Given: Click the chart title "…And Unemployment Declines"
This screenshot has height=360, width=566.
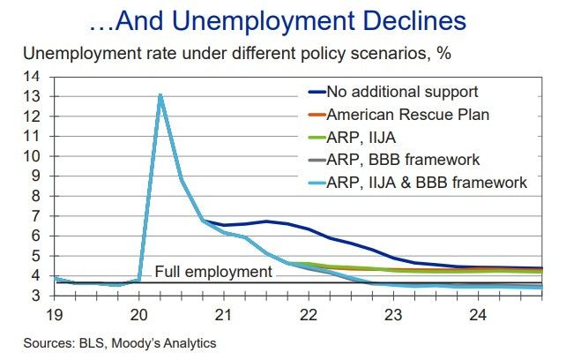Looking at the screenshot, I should pyautogui.click(x=282, y=19).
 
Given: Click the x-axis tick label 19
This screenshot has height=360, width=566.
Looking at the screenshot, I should pyautogui.click(x=56, y=314).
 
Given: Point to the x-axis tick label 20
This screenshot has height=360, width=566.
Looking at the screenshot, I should pyautogui.click(x=139, y=314).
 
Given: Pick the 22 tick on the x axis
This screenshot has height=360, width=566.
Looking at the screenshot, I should pyautogui.click(x=309, y=314).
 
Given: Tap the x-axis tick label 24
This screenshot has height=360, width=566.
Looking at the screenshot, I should pyautogui.click(x=479, y=314).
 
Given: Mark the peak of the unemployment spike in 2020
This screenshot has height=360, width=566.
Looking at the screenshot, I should pyautogui.click(x=160, y=94).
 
